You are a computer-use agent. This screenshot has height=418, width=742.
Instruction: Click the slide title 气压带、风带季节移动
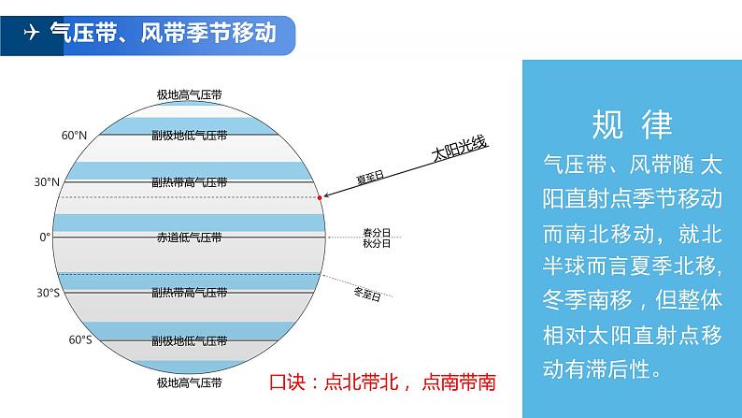162,34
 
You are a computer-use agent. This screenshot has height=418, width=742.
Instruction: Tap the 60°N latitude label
74,136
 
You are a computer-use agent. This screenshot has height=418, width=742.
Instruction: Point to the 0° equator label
45,238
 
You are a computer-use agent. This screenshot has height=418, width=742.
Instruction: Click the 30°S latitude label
48,293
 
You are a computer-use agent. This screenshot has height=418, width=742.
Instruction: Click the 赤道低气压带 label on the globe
190,238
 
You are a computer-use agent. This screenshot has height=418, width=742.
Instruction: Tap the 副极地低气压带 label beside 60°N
190,135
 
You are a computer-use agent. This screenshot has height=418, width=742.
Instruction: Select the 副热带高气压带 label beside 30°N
190,182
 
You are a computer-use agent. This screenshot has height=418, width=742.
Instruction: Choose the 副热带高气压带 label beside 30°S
190,293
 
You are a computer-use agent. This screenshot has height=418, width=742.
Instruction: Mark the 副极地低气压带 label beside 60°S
190,339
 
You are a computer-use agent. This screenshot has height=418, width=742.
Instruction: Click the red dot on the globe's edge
320,198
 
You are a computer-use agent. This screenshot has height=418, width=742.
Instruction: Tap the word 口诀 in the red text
288,382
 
